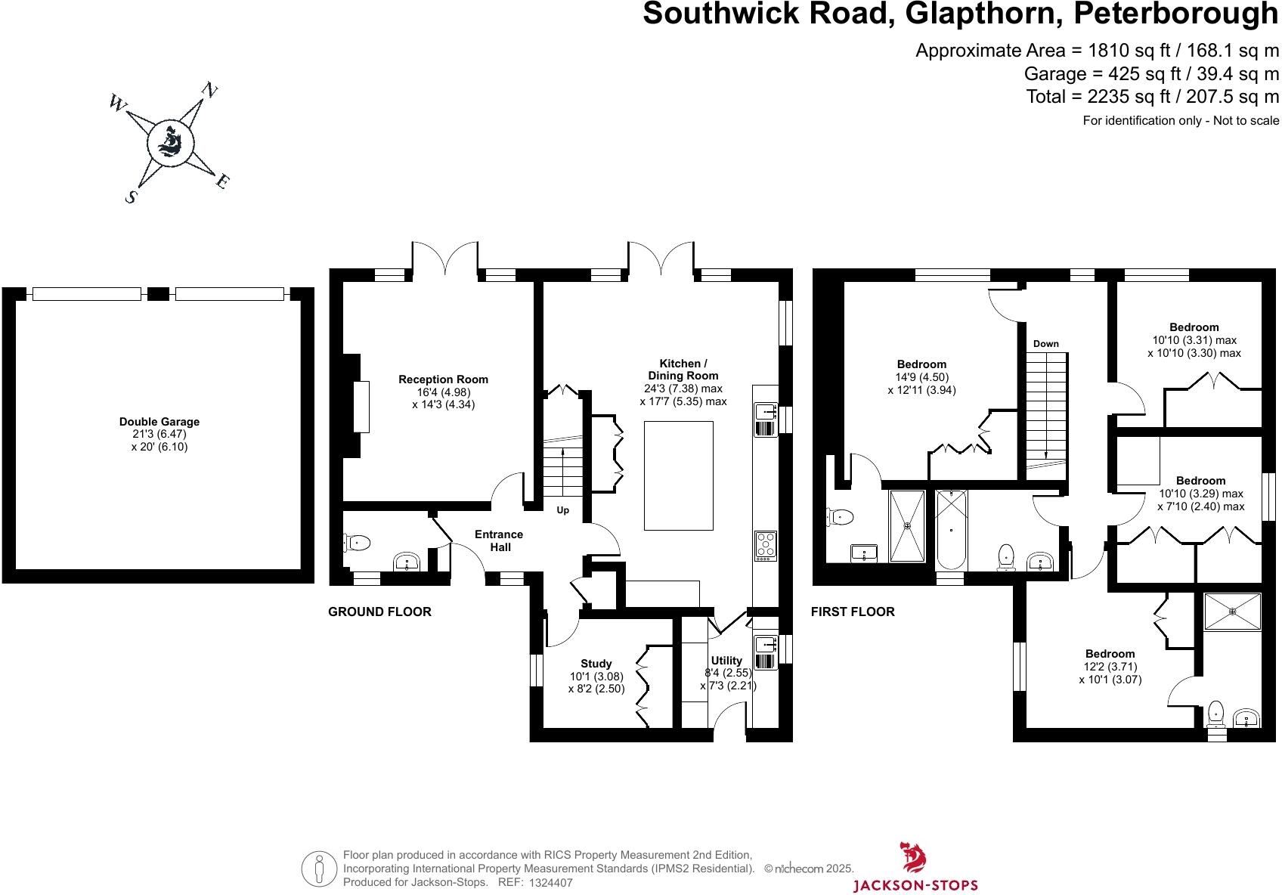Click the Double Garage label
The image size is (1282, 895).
point(159,422)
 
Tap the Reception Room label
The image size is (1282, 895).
point(443,379)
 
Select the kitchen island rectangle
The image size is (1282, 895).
point(678,475)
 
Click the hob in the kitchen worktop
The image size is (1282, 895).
point(766,546)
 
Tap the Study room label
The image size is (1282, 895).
point(596,664)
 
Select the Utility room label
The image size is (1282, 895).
point(726,660)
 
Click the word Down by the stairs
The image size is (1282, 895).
point(1045,344)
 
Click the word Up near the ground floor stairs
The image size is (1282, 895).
point(562,510)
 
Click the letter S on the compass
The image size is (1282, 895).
point(132,197)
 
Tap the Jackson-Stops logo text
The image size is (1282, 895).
point(915,885)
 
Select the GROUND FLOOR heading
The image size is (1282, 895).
point(379,612)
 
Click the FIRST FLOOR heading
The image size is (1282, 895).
point(852,612)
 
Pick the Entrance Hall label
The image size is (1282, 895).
point(498,540)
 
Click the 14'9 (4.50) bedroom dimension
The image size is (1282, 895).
point(921,377)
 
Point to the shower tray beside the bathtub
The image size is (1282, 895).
point(907,526)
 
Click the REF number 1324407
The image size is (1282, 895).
point(550,882)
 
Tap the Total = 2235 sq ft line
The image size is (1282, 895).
point(1152,97)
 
